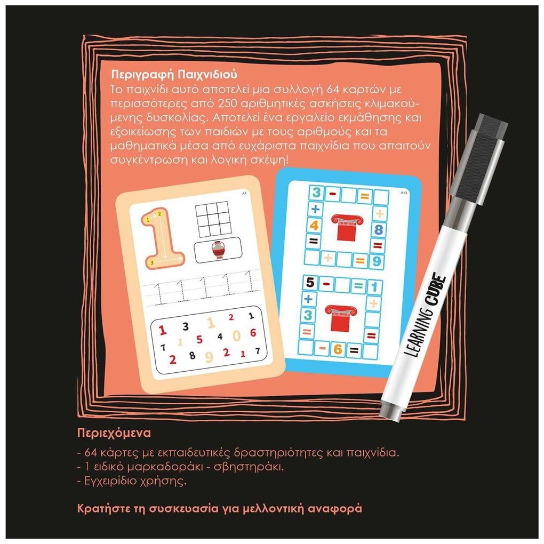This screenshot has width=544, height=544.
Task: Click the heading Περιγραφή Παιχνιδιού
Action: (x=174, y=75)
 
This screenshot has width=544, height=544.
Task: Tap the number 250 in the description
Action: (x=228, y=104)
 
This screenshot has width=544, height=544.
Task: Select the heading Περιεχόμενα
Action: (x=114, y=433)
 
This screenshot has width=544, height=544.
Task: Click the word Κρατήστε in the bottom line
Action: (x=104, y=509)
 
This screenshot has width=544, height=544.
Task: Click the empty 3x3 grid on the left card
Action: (x=212, y=221)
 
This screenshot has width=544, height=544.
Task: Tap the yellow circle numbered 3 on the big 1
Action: (x=151, y=263)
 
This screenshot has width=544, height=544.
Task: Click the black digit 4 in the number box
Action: (x=220, y=336)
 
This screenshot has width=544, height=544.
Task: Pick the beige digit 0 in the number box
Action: (x=237, y=336)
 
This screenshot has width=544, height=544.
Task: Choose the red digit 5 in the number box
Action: (x=199, y=339)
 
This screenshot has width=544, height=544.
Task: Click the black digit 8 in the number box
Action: (x=192, y=355)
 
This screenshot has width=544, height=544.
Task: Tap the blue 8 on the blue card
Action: (x=378, y=229)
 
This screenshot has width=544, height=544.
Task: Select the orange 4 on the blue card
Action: (x=314, y=226)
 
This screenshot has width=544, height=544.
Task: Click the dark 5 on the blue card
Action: (x=310, y=283)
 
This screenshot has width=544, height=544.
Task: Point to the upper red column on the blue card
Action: (x=347, y=228)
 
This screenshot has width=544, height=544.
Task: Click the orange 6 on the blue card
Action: (x=338, y=349)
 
